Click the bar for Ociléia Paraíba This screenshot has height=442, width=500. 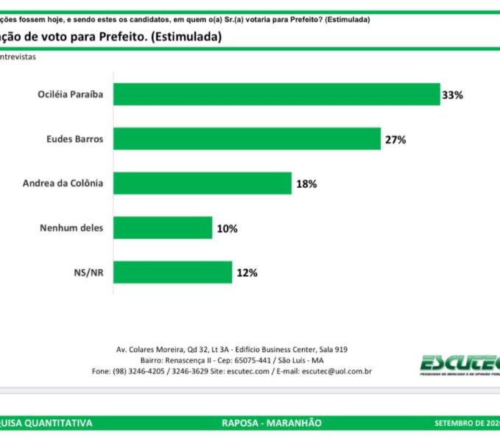click(x=276, y=94)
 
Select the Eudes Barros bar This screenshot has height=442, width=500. click(x=247, y=138)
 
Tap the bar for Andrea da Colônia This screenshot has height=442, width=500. click(x=203, y=183)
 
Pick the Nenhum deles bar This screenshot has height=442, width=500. click(x=163, y=228)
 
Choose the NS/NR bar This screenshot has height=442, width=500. click(x=172, y=272)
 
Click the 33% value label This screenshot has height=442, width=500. click(x=452, y=95)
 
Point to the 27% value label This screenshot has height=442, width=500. click(x=395, y=139)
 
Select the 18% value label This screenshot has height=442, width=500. click(x=306, y=184)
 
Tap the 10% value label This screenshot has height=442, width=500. click(x=227, y=228)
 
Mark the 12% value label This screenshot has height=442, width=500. click(x=247, y=273)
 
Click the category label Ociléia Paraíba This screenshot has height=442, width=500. click(x=71, y=94)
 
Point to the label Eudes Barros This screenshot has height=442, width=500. click(x=72, y=138)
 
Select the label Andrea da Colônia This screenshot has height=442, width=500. click(x=63, y=183)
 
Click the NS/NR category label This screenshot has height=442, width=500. click(x=89, y=272)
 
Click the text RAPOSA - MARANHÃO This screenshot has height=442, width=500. click(x=271, y=423)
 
